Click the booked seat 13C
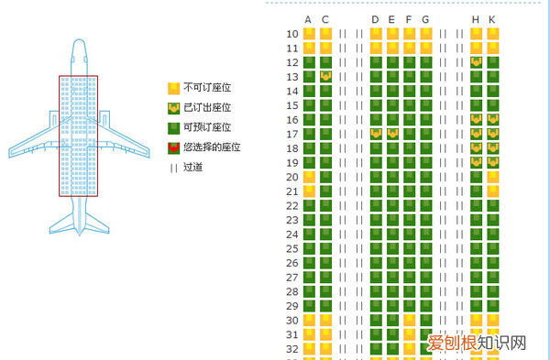pos(325,77)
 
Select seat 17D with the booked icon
pos(376,134)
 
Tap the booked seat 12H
pos(476,62)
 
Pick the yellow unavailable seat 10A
pos(309,34)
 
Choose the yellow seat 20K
pos(493,177)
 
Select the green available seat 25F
pos(409,248)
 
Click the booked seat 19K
pos(493,162)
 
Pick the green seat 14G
pos(425,91)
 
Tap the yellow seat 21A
pos(309,191)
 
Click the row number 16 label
pos(292,120)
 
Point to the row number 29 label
pos(292,306)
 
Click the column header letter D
pos(375,20)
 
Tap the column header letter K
pos(492,20)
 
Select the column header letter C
pos(325,20)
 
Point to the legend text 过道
pos(192,167)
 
